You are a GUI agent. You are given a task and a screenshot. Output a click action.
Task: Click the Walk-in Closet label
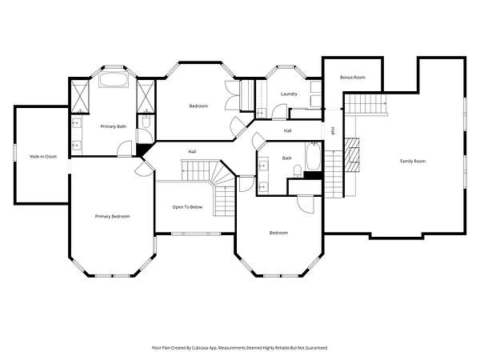[43, 157]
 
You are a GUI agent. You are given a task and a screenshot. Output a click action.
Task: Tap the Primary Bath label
[114, 126]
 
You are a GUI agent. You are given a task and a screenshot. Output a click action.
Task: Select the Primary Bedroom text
[112, 217]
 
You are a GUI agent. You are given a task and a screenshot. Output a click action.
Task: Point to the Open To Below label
[187, 207]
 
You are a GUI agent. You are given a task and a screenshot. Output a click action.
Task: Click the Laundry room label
[289, 94]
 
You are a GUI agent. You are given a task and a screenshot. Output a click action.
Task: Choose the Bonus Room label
[353, 78]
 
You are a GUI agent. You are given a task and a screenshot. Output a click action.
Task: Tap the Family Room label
[413, 161]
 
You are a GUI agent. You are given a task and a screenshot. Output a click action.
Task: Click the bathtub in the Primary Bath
[114, 80]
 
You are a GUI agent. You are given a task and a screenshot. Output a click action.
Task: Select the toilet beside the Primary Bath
[146, 122]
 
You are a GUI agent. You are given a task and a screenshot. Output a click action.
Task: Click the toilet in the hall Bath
[298, 171]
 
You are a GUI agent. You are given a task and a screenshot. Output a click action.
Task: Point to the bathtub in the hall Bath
[314, 156]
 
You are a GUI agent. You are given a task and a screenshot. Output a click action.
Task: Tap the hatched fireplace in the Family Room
[352, 154]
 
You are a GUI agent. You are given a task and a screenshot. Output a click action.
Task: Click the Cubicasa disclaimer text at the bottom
[240, 348]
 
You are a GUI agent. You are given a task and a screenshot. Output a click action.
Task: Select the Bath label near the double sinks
[286, 158]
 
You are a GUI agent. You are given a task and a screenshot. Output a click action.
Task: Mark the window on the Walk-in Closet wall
[14, 152]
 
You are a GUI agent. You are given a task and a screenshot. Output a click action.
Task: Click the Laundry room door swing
[279, 112]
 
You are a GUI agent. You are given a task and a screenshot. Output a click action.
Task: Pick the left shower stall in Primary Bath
[80, 97]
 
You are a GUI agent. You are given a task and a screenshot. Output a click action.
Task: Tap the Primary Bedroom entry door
[145, 167]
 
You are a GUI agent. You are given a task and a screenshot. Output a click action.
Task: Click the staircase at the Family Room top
[366, 104]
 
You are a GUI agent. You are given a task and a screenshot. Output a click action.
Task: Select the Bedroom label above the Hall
[198, 106]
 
